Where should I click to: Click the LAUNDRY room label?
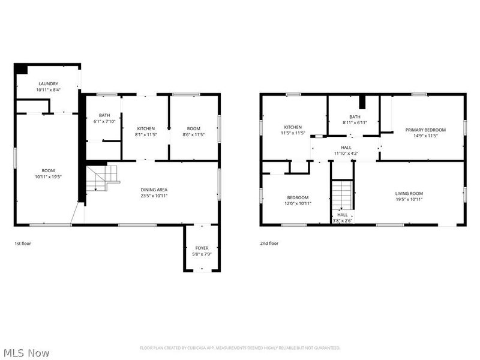[49, 83]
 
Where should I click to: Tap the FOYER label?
[202, 248]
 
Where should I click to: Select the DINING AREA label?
[154, 190]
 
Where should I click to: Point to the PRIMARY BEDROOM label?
[425, 130]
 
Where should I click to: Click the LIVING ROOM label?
[409, 193]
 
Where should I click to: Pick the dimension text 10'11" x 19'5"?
[49, 176]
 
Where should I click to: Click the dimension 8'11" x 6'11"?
[355, 123]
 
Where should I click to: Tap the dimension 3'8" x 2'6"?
[343, 220]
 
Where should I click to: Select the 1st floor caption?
[23, 244]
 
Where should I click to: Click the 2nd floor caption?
[269, 244]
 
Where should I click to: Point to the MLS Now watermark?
[25, 353]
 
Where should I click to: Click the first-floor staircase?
[103, 178]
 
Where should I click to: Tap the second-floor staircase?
[342, 195]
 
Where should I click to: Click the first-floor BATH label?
[104, 115]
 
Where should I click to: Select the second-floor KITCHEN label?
[293, 127]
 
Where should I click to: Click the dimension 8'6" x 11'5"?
[193, 134]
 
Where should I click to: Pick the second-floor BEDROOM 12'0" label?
[298, 200]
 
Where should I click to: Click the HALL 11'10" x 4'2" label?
[346, 151]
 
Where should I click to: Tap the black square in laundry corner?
[22, 68]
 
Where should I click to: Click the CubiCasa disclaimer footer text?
[240, 348]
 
